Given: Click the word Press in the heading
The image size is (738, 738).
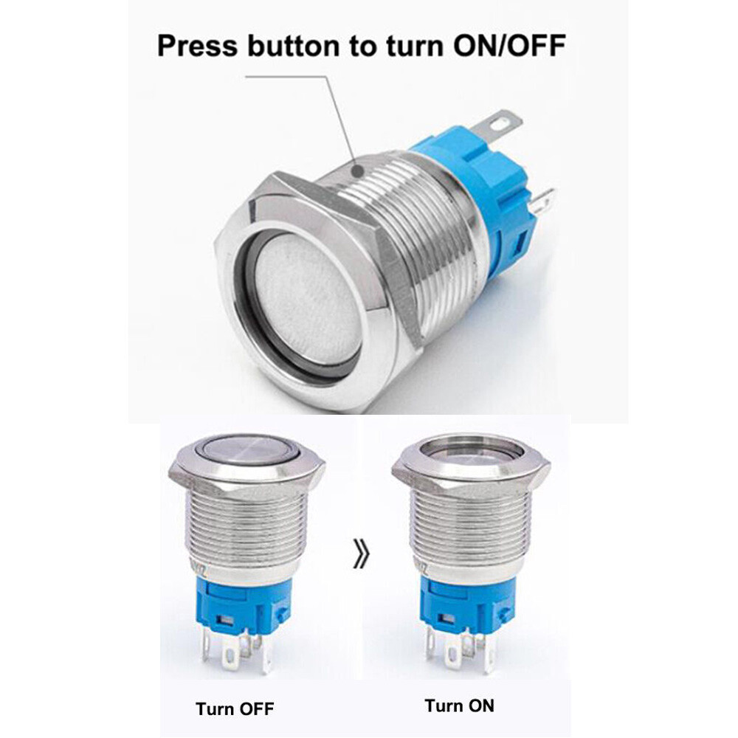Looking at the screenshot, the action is tap(197, 46).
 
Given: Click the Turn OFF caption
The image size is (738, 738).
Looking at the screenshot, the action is tap(235, 708).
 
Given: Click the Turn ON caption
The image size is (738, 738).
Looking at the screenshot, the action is tap(459, 706).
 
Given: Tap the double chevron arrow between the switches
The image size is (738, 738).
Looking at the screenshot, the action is tap(361, 554).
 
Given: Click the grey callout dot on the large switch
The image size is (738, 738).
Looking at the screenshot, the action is tap(359, 170).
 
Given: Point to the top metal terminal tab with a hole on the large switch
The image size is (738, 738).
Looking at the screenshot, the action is tap(497, 124).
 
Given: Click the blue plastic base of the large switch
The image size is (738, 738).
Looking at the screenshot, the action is tap(489, 198).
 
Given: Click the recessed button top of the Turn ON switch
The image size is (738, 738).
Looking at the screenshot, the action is tap(471, 450).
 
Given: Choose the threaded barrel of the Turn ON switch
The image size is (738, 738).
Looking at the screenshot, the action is tap(472, 527).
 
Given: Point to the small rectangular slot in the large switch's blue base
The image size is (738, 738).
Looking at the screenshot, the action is tap(520, 244).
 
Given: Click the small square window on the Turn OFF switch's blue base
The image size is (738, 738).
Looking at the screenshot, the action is tap(225, 621).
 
